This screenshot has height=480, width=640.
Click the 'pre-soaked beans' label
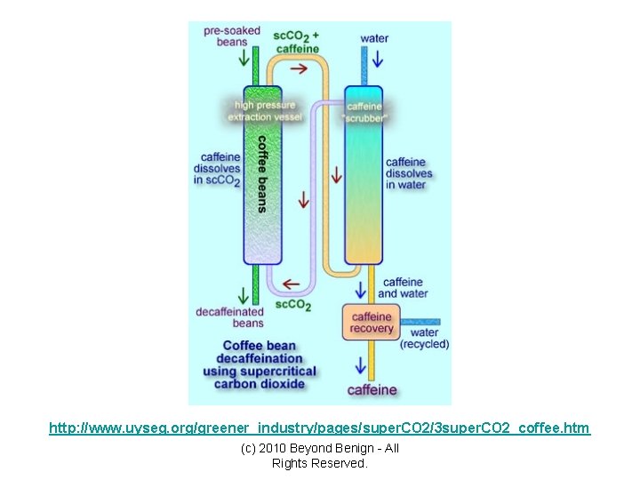231,36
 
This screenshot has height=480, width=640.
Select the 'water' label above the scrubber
374,38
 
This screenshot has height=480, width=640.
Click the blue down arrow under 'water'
376,60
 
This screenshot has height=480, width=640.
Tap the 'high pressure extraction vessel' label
264,111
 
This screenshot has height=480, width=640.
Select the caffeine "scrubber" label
364,111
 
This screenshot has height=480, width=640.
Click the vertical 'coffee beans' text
262,173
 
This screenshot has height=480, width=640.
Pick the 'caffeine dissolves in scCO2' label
217,169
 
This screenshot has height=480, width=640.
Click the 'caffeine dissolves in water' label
408,173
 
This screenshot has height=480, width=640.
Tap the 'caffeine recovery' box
372,323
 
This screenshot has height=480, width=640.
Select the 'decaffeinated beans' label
229,317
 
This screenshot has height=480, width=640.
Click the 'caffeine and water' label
403,288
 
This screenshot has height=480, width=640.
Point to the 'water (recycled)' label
424,339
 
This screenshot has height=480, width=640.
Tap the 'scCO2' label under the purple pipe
293,305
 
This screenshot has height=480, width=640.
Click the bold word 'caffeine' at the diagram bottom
372,389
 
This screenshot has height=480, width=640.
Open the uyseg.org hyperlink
319,428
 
